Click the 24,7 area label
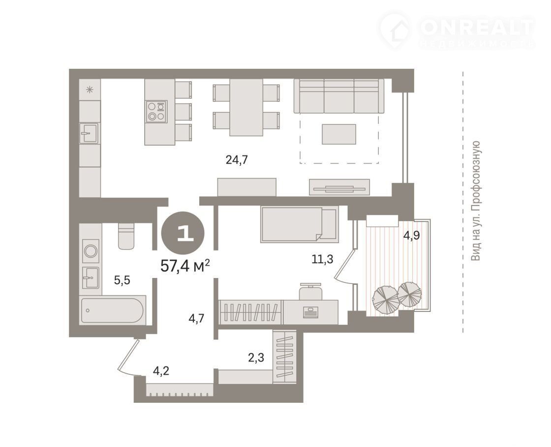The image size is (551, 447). [x=237, y=160]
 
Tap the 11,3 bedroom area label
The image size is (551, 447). [x=322, y=259]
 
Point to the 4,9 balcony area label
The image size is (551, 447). [x=411, y=235]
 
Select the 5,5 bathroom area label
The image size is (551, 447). [x=122, y=280]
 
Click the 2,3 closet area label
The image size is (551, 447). [x=256, y=358]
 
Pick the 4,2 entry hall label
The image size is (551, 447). [x=161, y=370]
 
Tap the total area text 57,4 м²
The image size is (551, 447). [x=185, y=266]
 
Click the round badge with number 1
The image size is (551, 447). [x=183, y=233]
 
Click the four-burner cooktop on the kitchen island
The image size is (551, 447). [x=156, y=112]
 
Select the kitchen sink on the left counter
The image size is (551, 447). [x=89, y=133]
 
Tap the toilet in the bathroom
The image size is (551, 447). [x=126, y=236]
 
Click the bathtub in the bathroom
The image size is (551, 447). [x=113, y=310]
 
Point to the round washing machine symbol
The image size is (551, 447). [x=91, y=251]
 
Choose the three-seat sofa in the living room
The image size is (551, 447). [x=339, y=96]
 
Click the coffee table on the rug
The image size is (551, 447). [x=339, y=134]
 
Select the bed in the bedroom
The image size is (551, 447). [x=300, y=224]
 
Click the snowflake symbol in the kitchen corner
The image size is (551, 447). [x=90, y=89]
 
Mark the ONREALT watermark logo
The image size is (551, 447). [x=457, y=31]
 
